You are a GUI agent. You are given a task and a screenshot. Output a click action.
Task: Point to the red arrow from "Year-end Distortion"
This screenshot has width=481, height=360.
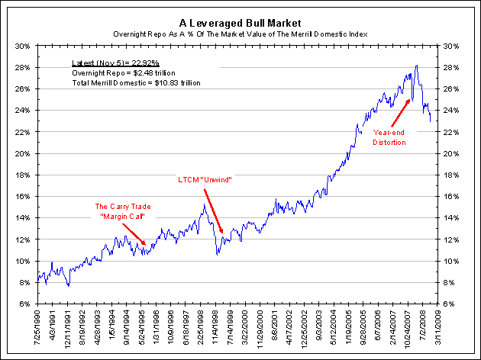click(x=400, y=113)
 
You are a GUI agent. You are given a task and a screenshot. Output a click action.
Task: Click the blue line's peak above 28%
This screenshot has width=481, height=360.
click(x=416, y=66)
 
